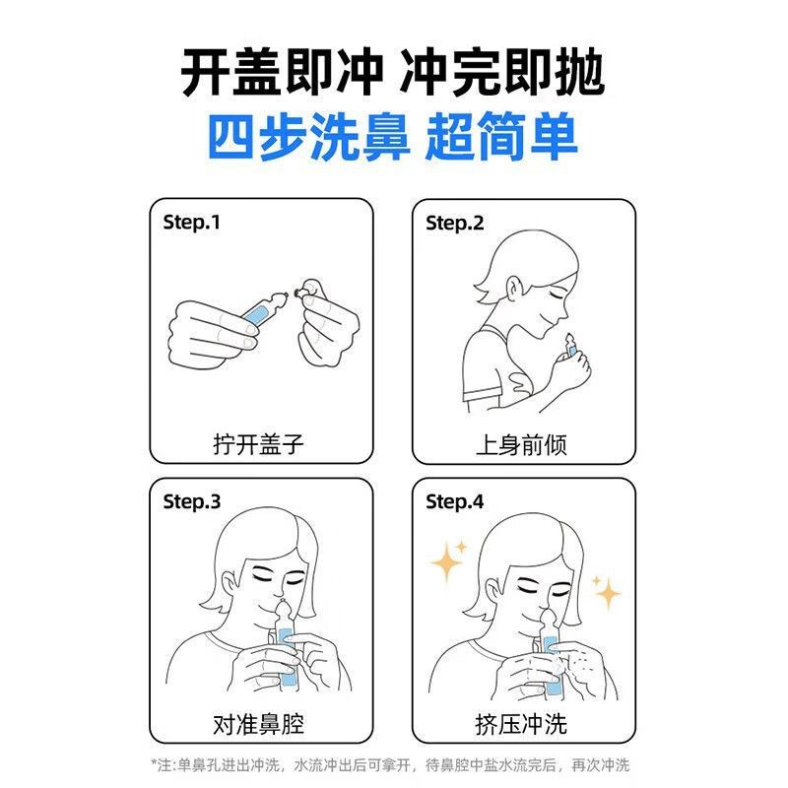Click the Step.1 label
(191, 223)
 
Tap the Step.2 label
(454, 224)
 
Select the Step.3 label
(191, 502)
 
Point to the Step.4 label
(454, 502)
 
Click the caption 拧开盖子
(258, 444)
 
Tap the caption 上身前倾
(521, 445)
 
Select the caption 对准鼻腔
(258, 724)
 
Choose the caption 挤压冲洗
(521, 724)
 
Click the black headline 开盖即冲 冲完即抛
(392, 72)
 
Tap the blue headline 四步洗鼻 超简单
(392, 137)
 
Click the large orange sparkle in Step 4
(446, 561)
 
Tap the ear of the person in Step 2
(512, 292)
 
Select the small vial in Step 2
(570, 346)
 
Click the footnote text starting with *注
(390, 765)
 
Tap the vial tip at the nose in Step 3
(283, 608)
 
